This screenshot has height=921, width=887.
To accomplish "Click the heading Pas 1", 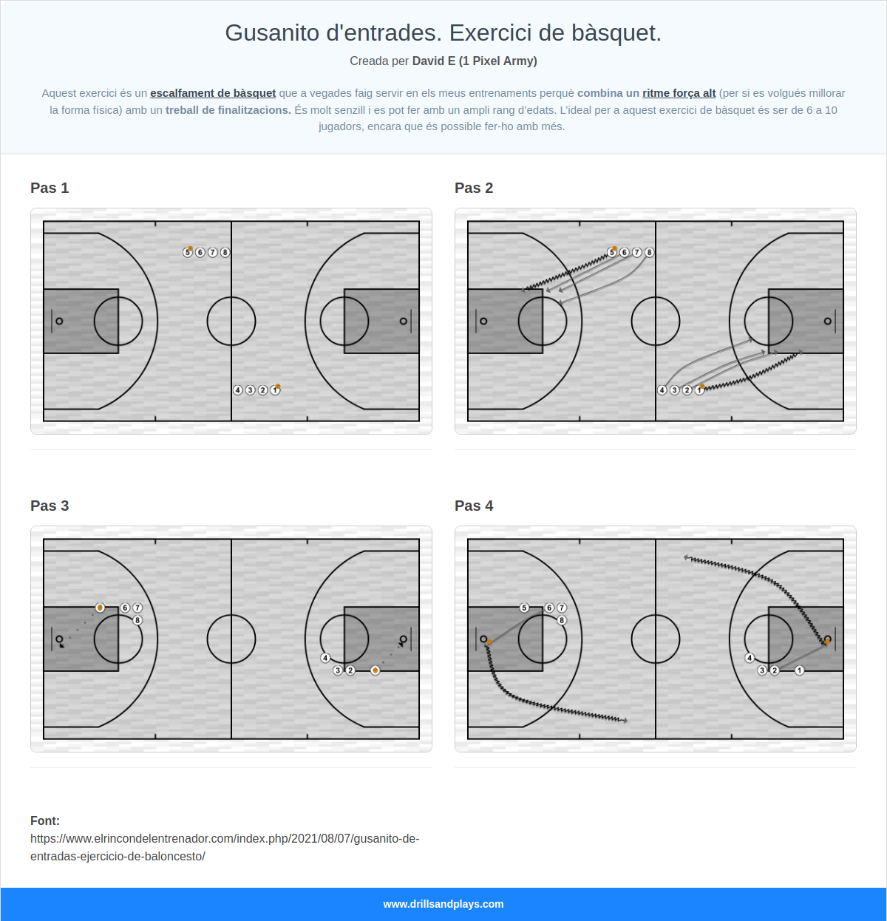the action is [x=50, y=188].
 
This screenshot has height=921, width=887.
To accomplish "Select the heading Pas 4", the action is [x=474, y=506].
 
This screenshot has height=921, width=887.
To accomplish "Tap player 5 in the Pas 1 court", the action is [x=188, y=253].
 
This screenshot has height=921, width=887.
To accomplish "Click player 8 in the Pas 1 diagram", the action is [x=225, y=253].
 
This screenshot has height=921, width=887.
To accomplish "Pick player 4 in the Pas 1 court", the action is [x=237, y=390].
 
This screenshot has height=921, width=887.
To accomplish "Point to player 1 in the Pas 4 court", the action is [x=800, y=670].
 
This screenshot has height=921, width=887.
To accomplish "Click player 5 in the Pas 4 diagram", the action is [x=524, y=608].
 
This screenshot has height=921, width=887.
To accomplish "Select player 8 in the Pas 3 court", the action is [x=137, y=620].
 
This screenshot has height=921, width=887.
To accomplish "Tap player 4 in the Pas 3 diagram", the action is [x=325, y=658].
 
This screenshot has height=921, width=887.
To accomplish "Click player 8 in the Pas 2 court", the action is [x=650, y=253].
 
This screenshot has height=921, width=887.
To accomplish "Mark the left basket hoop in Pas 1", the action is [x=59, y=321].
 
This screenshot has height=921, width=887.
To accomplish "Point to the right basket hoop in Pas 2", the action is [x=827, y=321].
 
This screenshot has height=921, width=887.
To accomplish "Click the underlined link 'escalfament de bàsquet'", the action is [x=213, y=93].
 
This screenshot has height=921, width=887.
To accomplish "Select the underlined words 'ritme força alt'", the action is [x=679, y=93].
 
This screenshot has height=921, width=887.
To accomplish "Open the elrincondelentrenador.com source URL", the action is [x=225, y=848].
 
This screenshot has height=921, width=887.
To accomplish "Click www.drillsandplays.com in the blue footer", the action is [x=443, y=904].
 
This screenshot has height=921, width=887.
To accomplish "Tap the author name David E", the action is [x=434, y=61].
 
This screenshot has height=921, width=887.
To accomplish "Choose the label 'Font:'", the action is [x=45, y=820].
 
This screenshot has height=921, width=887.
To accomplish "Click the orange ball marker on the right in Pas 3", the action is [x=375, y=670].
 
